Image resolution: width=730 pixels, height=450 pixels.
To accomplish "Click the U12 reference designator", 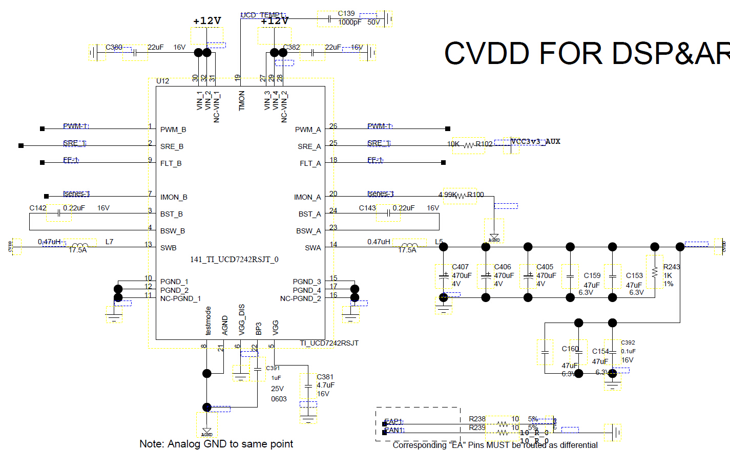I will [162, 81].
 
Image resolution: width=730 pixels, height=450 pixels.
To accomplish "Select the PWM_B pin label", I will [173, 130].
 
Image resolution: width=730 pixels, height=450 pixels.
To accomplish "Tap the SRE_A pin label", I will [309, 147].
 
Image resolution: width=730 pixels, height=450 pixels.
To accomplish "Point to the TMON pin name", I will [242, 100].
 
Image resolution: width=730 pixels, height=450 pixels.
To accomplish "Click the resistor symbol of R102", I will [469, 145].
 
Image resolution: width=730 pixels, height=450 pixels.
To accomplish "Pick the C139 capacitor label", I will [346, 14].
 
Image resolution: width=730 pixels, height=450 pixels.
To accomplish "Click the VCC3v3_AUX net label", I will [535, 142].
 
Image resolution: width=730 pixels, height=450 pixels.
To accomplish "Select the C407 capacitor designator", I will [460, 267].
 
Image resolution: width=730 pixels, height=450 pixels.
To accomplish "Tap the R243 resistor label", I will [671, 267].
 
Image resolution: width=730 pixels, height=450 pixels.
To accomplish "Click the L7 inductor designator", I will [109, 242].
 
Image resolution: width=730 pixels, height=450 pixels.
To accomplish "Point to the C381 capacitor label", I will [325, 377].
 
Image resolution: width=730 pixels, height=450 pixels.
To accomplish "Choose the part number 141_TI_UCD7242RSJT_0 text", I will [234, 260].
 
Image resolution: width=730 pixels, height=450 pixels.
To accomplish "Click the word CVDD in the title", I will [487, 53].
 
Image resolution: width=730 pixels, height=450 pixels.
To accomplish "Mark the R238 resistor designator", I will [477, 419].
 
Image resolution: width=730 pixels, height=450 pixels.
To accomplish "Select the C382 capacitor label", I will [291, 48].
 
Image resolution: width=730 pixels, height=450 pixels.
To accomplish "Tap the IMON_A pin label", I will [307, 198].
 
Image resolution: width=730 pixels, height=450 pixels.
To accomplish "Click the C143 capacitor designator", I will [367, 208].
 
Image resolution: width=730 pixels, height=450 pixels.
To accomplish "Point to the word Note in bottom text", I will [151, 444].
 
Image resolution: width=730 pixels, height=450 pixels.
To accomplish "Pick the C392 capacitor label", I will [628, 343].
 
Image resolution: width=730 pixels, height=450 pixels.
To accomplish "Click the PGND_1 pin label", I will [174, 282].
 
